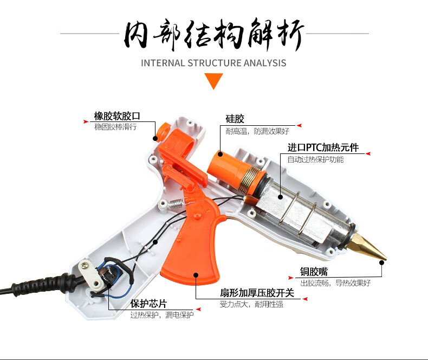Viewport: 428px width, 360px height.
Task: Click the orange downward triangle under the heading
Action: (x=213, y=81)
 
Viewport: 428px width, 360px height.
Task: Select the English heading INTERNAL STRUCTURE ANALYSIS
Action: (x=213, y=63)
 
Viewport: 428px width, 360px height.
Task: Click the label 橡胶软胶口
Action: (x=117, y=116)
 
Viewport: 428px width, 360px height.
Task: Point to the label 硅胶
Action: (x=235, y=119)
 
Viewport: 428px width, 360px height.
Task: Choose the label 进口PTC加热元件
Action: (x=323, y=147)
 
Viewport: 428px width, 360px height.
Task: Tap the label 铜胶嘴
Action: (x=314, y=272)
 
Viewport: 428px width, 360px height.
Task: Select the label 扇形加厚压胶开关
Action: (x=257, y=293)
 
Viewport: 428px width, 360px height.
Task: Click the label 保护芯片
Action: (x=148, y=304)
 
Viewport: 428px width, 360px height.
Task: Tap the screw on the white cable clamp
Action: (x=85, y=265)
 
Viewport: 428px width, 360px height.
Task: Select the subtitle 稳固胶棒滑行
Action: (x=115, y=127)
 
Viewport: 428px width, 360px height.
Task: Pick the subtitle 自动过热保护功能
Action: (x=315, y=159)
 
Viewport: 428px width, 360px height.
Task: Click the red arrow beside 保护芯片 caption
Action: (x=198, y=310)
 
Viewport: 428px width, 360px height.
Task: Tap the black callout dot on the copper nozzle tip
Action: (x=382, y=263)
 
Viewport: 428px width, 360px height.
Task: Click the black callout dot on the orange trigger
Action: (x=196, y=274)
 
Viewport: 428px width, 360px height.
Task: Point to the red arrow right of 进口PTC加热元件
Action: (x=368, y=154)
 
